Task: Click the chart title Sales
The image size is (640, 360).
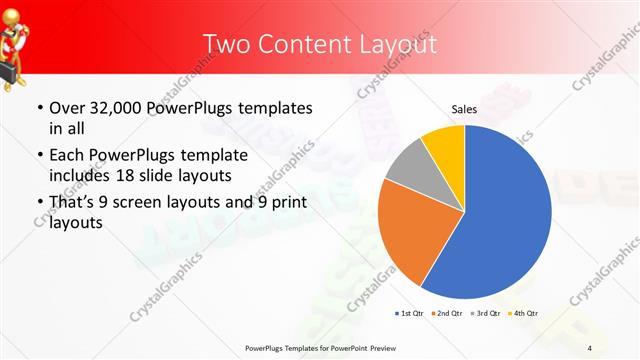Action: [464, 108]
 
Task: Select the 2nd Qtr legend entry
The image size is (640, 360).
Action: [446, 314]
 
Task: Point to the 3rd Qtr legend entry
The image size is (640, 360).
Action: [485, 314]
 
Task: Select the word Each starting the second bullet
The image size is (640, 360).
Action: [68, 156]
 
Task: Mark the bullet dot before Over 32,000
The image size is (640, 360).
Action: [39, 108]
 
